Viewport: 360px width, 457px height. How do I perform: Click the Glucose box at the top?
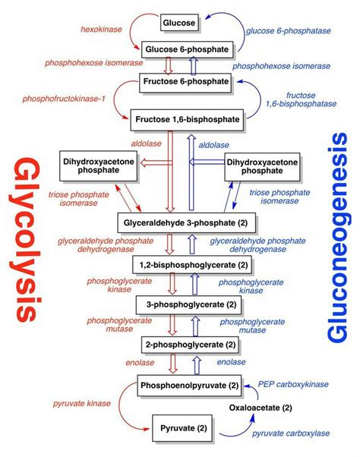180,23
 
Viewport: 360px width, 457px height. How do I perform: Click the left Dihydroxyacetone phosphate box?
97,165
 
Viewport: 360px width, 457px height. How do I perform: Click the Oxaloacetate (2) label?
261,408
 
